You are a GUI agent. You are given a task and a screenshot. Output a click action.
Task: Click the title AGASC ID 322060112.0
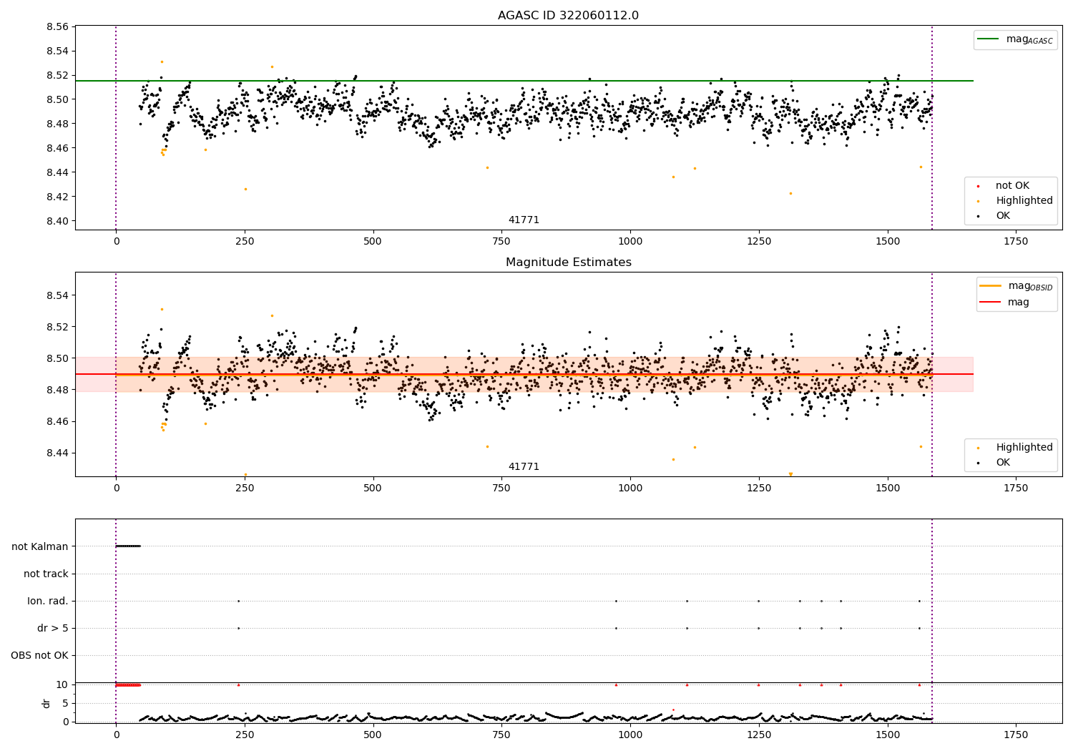pyautogui.click(x=568, y=15)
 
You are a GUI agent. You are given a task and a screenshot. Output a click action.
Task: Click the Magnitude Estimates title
pyautogui.click(x=569, y=262)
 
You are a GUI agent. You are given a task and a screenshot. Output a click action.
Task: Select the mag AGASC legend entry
pyautogui.click(x=1016, y=40)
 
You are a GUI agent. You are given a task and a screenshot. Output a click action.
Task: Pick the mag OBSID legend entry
pyautogui.click(x=1016, y=286)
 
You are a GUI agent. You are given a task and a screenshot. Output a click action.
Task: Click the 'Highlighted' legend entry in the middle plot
pyautogui.click(x=1015, y=447)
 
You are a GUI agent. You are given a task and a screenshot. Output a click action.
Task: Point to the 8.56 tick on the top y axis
pyautogui.click(x=57, y=27)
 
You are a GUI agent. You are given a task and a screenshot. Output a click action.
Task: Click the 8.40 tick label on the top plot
pyautogui.click(x=57, y=221)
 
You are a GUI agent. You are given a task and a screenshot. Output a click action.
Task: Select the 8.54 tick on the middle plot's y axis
pyautogui.click(x=57, y=295)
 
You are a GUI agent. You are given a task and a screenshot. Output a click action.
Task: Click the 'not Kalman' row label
pyautogui.click(x=40, y=546)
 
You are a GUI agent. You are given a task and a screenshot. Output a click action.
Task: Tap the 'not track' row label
pyautogui.click(x=46, y=574)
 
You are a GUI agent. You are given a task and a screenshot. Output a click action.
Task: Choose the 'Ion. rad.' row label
pyautogui.click(x=48, y=601)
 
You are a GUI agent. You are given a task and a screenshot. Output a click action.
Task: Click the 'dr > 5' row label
pyautogui.click(x=53, y=628)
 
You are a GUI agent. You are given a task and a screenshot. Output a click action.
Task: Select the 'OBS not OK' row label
pyautogui.click(x=40, y=655)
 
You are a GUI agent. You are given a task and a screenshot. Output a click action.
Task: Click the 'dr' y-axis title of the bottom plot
pyautogui.click(x=46, y=704)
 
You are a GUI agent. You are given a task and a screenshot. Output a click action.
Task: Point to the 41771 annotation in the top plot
pyautogui.click(x=524, y=220)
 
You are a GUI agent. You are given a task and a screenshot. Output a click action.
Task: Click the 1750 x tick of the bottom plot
pyautogui.click(x=1016, y=735)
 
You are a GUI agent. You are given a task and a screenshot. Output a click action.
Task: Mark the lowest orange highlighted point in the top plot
pyautogui.click(x=790, y=194)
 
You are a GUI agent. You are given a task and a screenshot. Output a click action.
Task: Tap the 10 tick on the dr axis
pyautogui.click(x=62, y=685)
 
